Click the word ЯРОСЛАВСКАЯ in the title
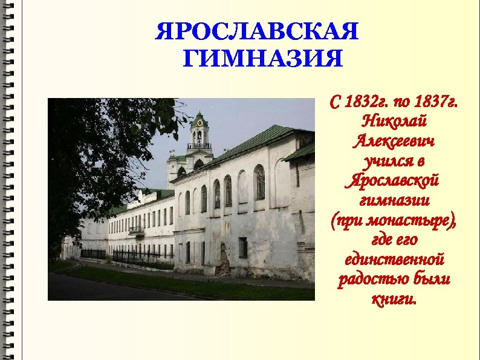(x=257, y=32)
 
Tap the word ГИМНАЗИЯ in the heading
(x=262, y=59)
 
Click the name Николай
(x=393, y=121)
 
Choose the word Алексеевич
(x=393, y=142)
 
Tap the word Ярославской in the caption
(x=393, y=181)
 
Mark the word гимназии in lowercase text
(x=393, y=200)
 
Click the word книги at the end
(x=393, y=299)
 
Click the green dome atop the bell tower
(x=199, y=117)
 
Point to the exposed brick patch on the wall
(x=224, y=261)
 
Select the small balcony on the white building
(x=136, y=231)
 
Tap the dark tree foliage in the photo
(x=91, y=151)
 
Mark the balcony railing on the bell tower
(x=199, y=146)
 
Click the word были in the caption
(x=435, y=280)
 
